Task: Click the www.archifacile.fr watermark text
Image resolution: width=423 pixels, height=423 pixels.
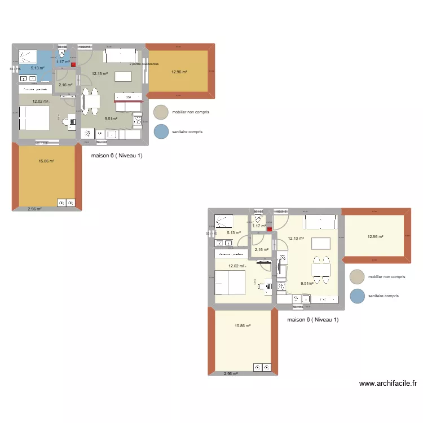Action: [387, 384]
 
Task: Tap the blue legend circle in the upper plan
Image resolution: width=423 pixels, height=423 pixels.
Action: [161, 131]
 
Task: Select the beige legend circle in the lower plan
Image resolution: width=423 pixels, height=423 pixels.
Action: [356, 277]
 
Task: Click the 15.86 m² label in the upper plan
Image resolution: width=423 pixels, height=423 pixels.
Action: [47, 161]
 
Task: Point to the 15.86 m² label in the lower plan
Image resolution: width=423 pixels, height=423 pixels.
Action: [243, 325]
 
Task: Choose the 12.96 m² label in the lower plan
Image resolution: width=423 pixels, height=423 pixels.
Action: [375, 237]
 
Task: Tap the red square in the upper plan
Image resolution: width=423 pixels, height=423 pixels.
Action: [73, 64]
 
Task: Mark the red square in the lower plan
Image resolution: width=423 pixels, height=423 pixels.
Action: [269, 230]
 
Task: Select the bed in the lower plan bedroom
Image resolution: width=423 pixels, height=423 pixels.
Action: [230, 283]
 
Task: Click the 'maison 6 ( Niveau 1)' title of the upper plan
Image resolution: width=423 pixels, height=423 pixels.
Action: [117, 156]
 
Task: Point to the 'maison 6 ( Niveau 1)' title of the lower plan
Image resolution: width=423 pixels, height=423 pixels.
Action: [313, 320]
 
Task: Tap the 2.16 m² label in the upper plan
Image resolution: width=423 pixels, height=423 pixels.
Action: [65, 85]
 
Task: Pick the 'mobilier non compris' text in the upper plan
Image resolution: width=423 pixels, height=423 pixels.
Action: [191, 112]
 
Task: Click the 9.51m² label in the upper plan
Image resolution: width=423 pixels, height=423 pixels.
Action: [111, 119]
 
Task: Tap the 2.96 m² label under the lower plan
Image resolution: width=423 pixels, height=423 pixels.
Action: [231, 373]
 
